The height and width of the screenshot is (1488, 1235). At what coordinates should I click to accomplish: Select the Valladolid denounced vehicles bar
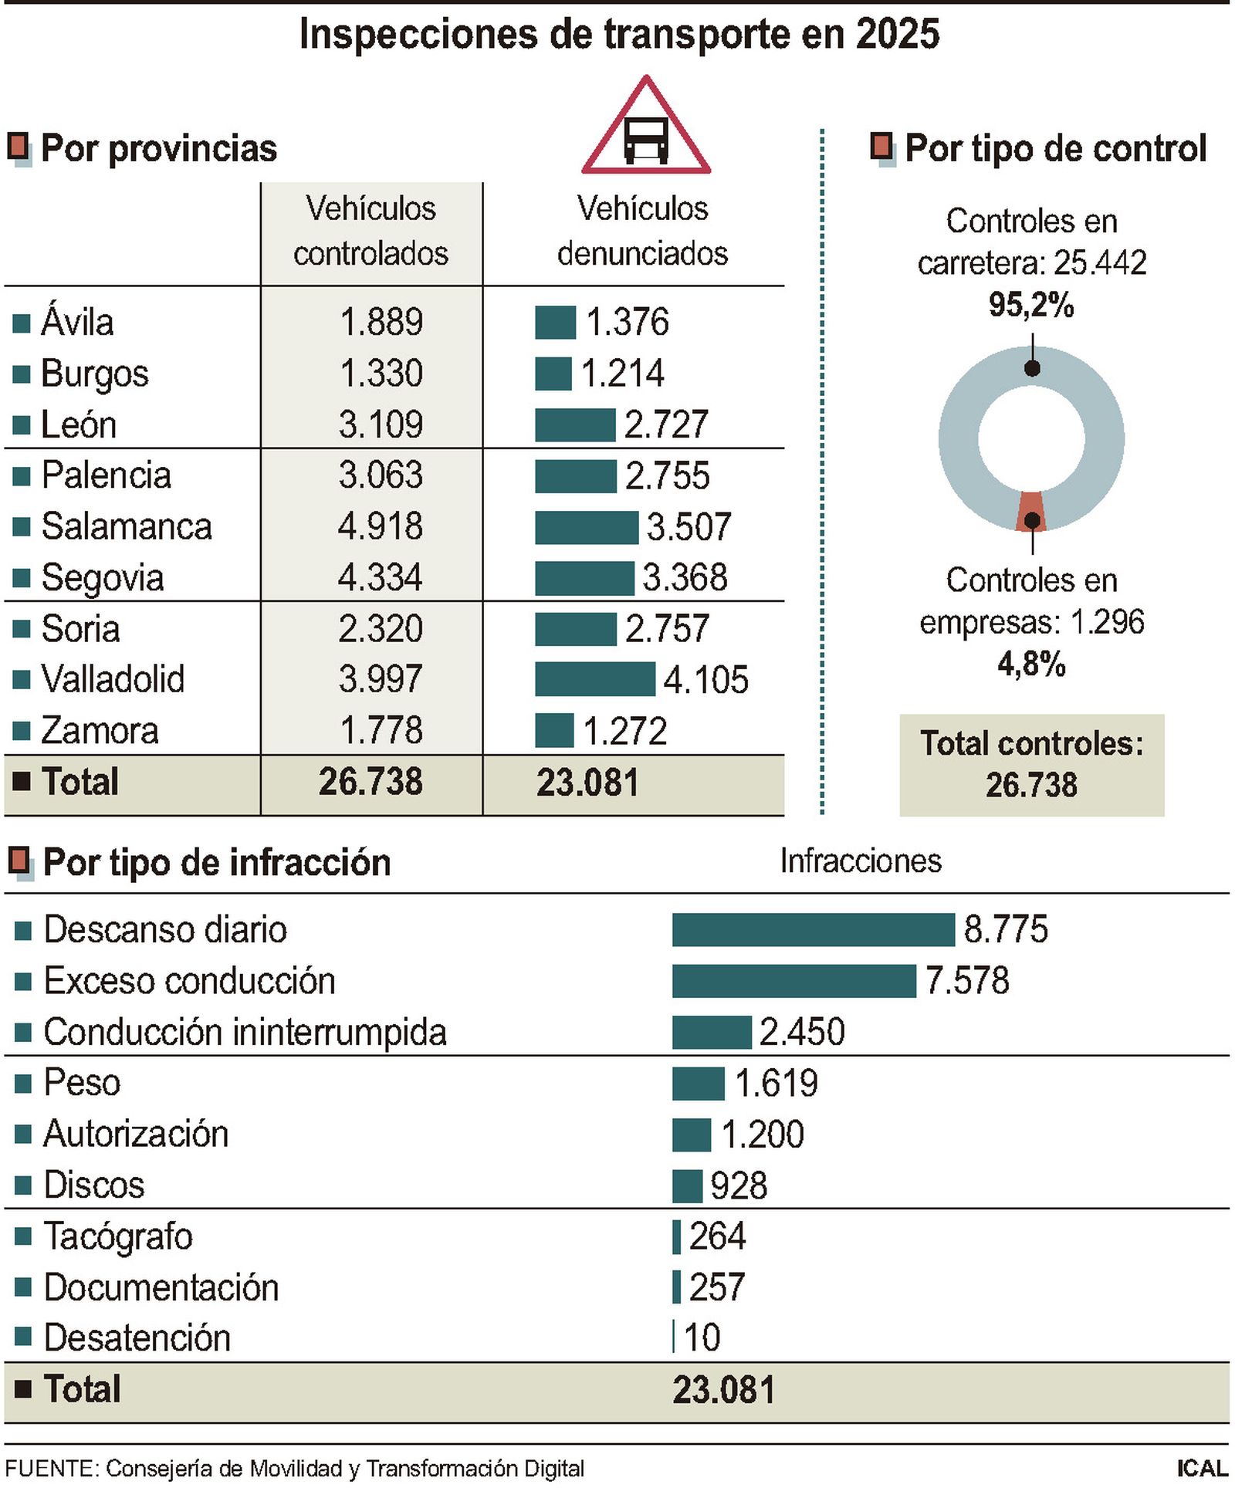pyautogui.click(x=594, y=679)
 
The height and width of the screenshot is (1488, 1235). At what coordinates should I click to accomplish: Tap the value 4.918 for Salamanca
pyautogui.click(x=380, y=526)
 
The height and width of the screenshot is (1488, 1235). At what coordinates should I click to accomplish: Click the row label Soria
pyautogui.click(x=80, y=628)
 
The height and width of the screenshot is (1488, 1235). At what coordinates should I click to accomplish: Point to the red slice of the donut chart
pyautogui.click(x=1030, y=511)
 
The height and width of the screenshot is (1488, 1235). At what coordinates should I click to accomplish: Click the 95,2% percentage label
pyautogui.click(x=1030, y=305)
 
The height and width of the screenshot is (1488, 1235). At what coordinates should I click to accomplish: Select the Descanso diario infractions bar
pyautogui.click(x=813, y=929)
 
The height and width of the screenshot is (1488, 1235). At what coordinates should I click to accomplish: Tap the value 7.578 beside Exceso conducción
pyautogui.click(x=966, y=980)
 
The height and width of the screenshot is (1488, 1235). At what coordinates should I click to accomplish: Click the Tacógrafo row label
pyautogui.click(x=117, y=1236)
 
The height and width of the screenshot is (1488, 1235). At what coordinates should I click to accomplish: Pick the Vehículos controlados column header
pyautogui.click(x=370, y=231)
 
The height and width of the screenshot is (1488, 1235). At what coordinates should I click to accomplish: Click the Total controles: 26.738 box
pyautogui.click(x=1031, y=764)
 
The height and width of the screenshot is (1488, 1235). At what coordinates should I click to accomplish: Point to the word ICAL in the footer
pyautogui.click(x=1201, y=1468)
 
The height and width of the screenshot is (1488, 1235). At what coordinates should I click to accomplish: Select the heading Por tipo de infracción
pyautogui.click(x=216, y=862)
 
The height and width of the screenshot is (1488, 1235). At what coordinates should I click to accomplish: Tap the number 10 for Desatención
pyautogui.click(x=702, y=1338)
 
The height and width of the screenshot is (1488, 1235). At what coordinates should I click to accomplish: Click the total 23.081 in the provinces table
pyautogui.click(x=587, y=783)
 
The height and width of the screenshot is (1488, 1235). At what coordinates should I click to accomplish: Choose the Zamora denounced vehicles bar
pyautogui.click(x=553, y=730)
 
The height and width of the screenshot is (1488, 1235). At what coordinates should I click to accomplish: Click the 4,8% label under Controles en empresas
pyautogui.click(x=1030, y=664)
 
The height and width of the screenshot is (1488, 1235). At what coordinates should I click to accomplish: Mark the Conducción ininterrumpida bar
pyautogui.click(x=711, y=1032)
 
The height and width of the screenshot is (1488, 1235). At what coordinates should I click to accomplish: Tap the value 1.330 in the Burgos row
pyautogui.click(x=381, y=374)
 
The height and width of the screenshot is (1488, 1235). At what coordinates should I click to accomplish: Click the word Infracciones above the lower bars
pyautogui.click(x=860, y=861)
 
